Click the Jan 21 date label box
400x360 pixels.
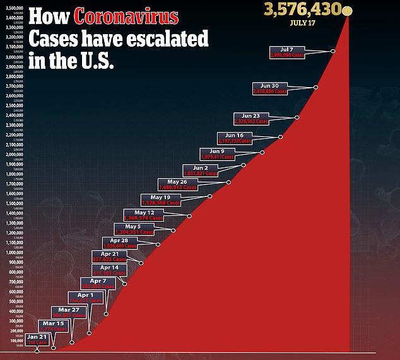tap(37, 339)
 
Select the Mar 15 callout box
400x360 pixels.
tap(53, 326)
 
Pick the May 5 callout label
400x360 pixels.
tap(134, 229)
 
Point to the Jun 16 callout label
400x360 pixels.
tap(234, 138)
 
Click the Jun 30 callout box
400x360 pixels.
tap(269, 88)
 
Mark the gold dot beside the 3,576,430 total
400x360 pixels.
tap(347, 11)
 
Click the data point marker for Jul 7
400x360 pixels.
tap(332, 51)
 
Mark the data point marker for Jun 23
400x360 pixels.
tap(297, 117)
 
